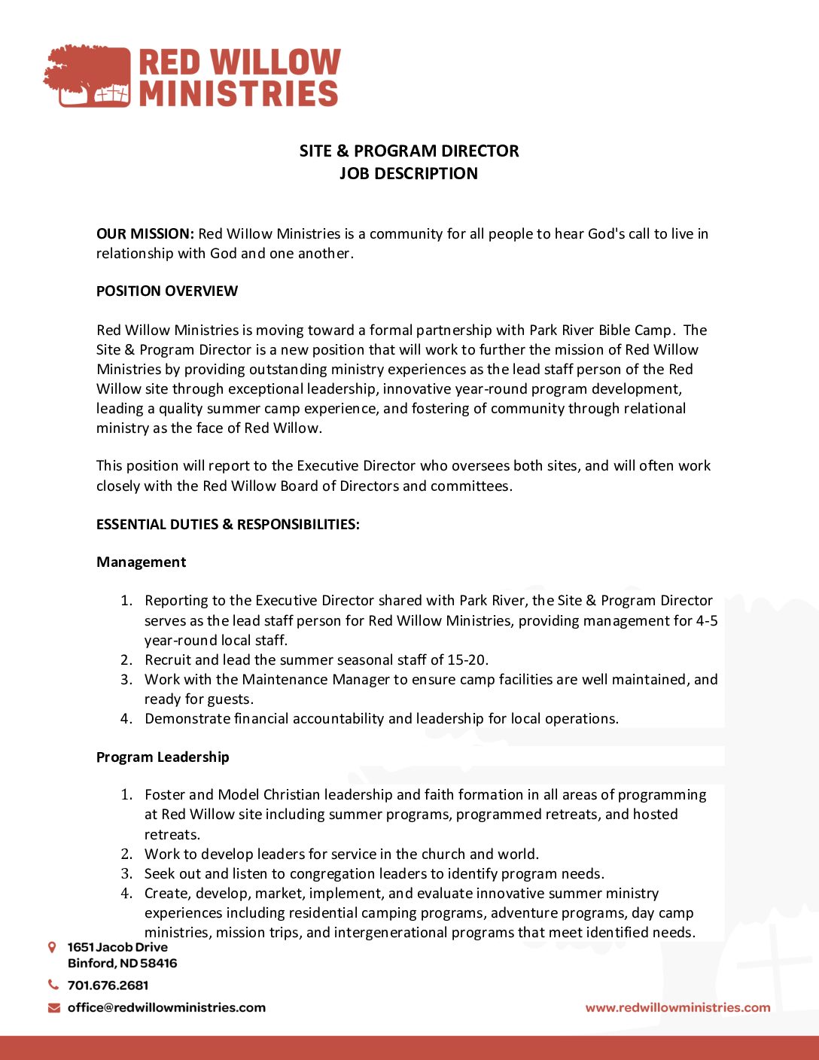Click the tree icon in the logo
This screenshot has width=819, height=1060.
coord(87,75)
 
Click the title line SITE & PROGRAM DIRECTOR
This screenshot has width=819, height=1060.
coord(409,151)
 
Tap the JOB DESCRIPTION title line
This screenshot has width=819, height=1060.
coord(409,173)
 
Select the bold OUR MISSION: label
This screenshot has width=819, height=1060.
coord(145,234)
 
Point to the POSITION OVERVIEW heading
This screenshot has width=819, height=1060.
coord(167,291)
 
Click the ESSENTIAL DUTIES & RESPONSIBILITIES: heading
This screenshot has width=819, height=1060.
coord(228,525)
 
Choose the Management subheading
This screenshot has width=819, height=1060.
coord(141,562)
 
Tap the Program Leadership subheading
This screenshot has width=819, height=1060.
coord(163,757)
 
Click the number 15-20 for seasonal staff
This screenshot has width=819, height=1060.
coord(467,660)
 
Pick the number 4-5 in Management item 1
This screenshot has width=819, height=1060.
coord(707,621)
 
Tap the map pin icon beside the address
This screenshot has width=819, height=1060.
coord(52,947)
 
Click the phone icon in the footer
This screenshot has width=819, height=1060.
coord(53,985)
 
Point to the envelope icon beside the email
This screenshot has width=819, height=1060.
coord(53,1008)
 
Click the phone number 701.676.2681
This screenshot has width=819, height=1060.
coord(108,985)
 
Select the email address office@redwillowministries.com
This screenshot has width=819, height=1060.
coord(166,1008)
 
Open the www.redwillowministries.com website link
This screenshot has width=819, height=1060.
coord(677,1008)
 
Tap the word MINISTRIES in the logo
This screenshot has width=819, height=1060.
coord(239,93)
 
